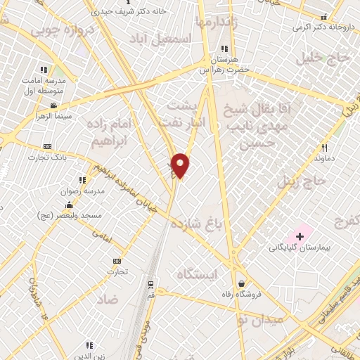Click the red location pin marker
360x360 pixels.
pyautogui.click(x=180, y=165)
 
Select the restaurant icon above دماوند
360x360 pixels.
pyautogui.click(x=324, y=148)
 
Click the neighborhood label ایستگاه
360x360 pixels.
pyautogui.click(x=198, y=274)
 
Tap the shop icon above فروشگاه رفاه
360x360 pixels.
pyautogui.click(x=240, y=282)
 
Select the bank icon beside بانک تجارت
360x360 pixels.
pyautogui.click(x=47, y=146)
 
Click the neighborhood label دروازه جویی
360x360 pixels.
pyautogui.click(x=56, y=31)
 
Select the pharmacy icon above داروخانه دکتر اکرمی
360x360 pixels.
pyautogui.click(x=323, y=17)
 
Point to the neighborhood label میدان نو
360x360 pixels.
pyautogui.click(x=260, y=318)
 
